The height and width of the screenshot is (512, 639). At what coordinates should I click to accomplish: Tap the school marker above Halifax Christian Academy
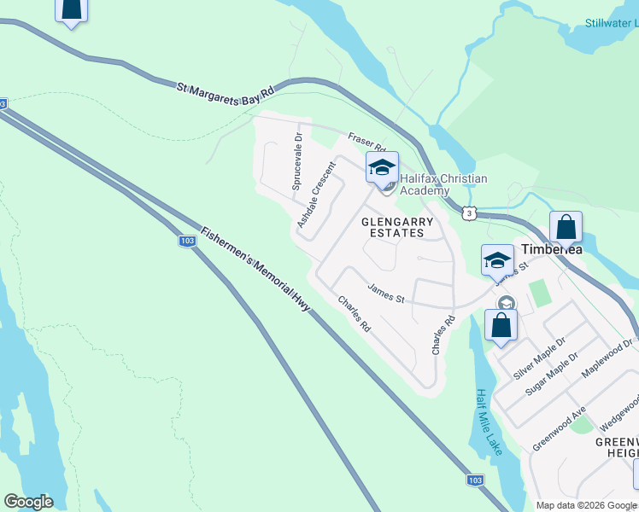point(382,168)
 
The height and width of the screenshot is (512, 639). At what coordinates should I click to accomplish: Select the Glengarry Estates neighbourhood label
point(398,227)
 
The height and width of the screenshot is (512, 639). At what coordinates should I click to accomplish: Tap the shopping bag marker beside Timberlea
point(566,228)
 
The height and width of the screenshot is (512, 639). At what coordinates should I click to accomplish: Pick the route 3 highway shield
point(469,212)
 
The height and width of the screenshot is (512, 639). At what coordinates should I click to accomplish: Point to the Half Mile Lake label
point(489,421)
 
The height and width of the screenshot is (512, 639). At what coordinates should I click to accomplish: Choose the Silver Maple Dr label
point(538,358)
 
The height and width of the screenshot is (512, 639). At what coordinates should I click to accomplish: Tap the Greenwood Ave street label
point(559,429)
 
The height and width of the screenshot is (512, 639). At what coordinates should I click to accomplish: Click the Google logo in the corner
point(28,501)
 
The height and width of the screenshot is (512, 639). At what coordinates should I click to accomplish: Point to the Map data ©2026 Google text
point(585,505)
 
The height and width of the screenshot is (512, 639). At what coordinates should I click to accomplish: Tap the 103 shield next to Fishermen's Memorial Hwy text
point(188,241)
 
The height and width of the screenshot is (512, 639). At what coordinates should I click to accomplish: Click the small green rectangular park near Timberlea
point(539,294)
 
